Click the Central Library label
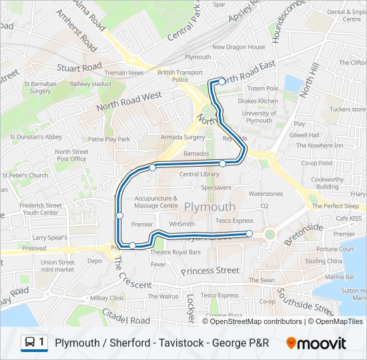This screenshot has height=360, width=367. tap(200, 174)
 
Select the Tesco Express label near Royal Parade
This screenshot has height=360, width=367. tap(234, 220)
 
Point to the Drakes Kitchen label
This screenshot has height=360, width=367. tap(258, 101)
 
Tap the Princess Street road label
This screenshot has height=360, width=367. tap(210, 270)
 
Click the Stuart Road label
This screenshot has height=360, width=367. tap(79, 67)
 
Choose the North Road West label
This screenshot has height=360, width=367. tap(129, 101)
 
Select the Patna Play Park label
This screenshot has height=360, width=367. tap(109, 139)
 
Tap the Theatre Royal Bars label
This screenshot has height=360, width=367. tap(175, 253)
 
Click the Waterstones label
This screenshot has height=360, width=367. tap(266, 193)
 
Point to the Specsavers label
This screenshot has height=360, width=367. tap(216, 188)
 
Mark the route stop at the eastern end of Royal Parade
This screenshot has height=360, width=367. tap(249, 233)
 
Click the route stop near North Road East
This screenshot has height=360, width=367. tap(222, 82)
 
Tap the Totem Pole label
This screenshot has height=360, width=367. tap(262, 88)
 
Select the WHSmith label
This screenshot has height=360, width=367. tap(182, 224)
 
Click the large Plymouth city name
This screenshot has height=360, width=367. tap(210, 206)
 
